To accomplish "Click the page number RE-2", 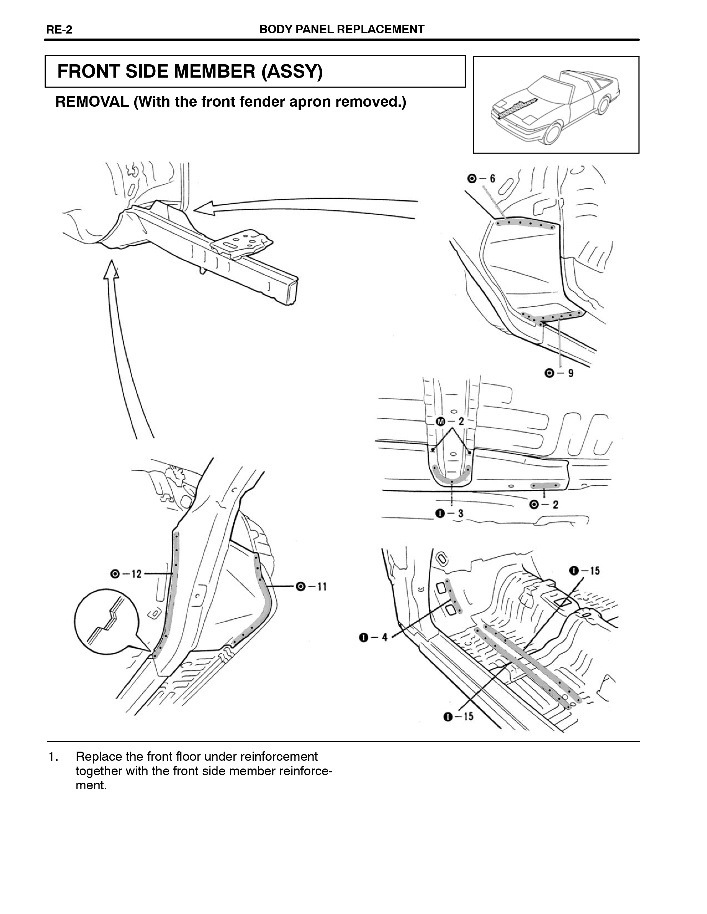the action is point(59,30).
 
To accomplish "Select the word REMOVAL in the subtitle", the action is point(92,102).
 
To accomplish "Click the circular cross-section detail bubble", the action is point(106,621).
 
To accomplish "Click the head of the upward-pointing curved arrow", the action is point(111,269).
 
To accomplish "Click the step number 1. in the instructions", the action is point(53,757).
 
